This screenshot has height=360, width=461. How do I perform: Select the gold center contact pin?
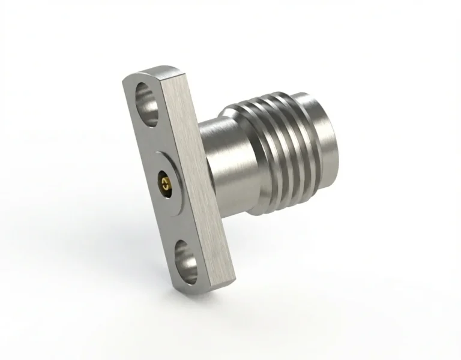163,179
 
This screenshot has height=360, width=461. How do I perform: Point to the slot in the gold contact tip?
163,179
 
